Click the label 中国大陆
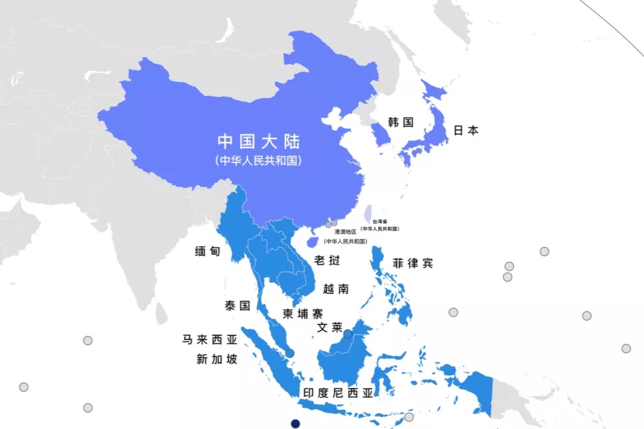259,141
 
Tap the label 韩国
400,122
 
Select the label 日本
465,131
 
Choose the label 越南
335,289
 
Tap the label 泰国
237,305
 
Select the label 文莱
329,328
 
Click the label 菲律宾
412,263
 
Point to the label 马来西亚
209,340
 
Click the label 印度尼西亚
339,393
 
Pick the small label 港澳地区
345,231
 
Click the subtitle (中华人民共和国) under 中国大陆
259,161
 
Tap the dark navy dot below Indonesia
295,424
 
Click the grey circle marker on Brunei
348,334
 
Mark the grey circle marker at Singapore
290,353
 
